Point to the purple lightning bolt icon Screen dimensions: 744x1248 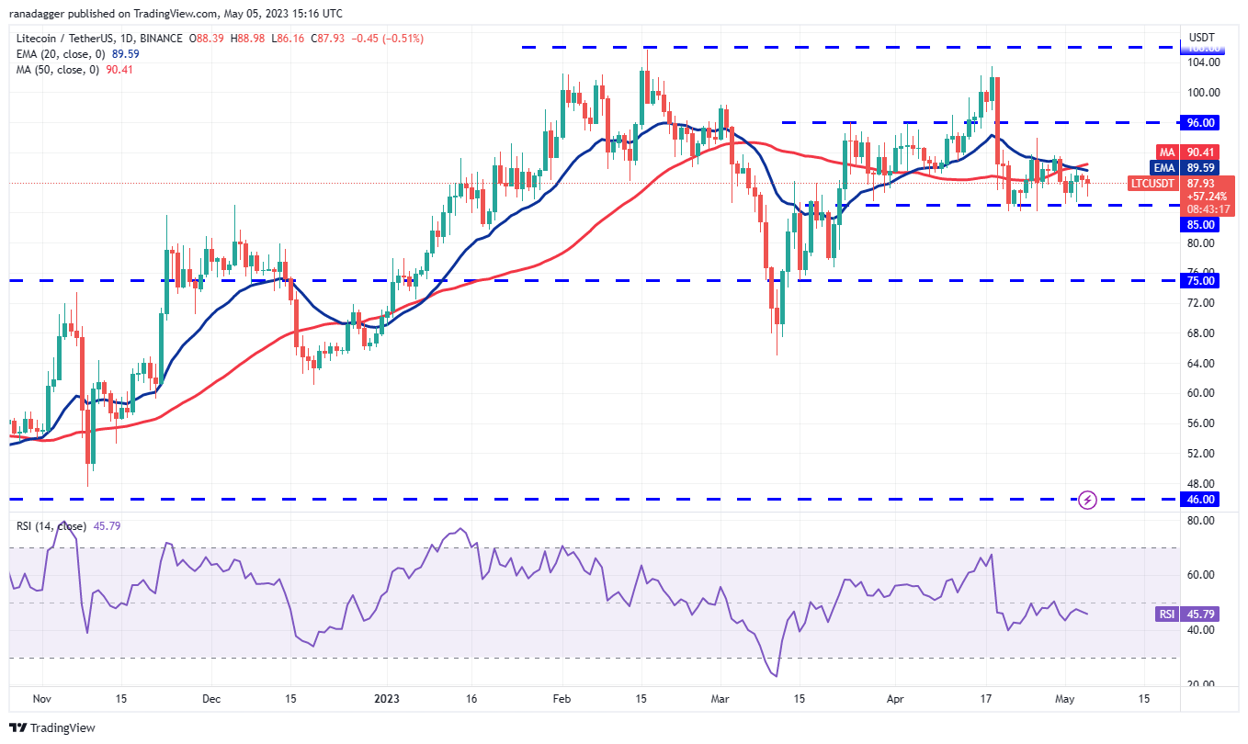click(x=1087, y=501)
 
